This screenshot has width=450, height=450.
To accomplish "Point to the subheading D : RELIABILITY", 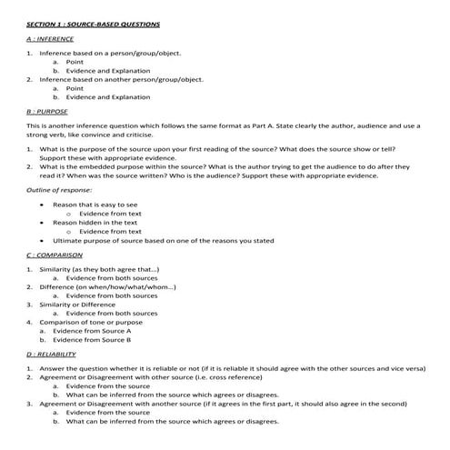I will pyautogui.click(x=53, y=353).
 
